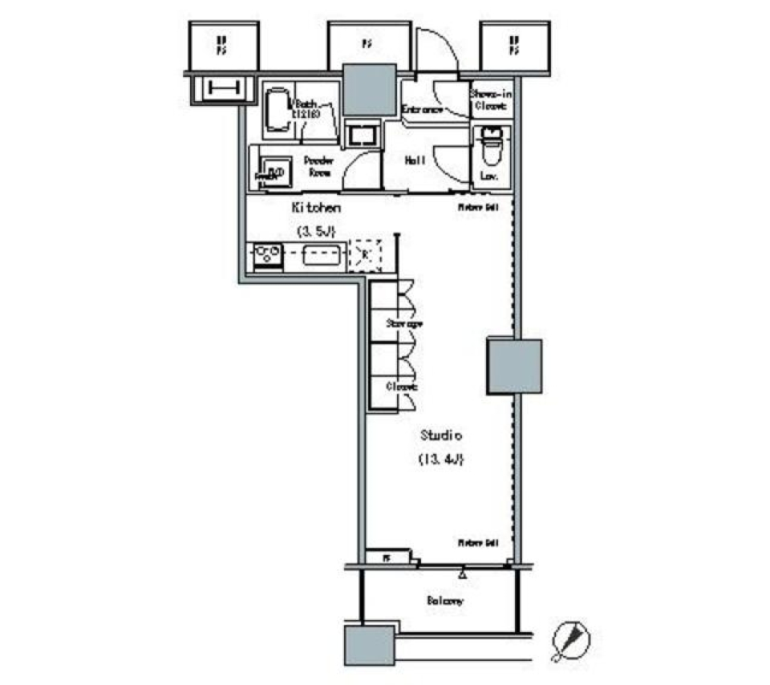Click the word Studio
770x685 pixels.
[x=440, y=436]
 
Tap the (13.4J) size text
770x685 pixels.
[x=440, y=460]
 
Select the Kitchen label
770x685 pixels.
[x=316, y=208]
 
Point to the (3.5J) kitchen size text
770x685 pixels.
[x=316, y=232]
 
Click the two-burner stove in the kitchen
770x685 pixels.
[x=266, y=257]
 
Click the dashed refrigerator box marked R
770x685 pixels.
[x=366, y=256]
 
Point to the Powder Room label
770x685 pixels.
[x=318, y=164]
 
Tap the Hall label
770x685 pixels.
[x=415, y=160]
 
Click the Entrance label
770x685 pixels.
[x=422, y=110]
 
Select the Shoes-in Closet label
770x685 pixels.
[x=492, y=99]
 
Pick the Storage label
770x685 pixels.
[x=403, y=323]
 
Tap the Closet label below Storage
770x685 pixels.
[x=402, y=387]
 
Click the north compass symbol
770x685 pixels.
[x=571, y=640]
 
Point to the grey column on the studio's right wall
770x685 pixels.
[x=514, y=367]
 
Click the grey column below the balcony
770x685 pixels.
[x=369, y=644]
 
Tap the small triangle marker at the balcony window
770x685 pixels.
[x=462, y=574]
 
